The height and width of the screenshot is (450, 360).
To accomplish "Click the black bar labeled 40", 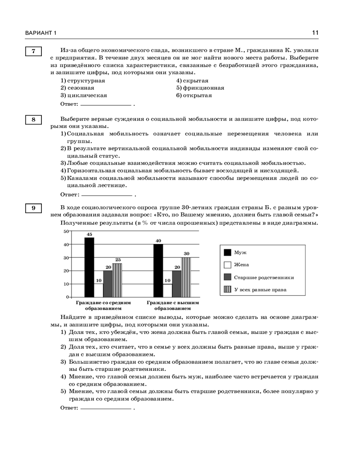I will [158, 270].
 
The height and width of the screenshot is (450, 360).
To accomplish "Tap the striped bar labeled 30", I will [186, 277].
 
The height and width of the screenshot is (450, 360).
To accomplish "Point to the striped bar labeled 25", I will [117, 280].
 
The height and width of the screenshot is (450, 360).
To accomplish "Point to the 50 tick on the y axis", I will [65, 231].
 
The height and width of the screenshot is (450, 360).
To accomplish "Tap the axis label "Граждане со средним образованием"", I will [103, 306].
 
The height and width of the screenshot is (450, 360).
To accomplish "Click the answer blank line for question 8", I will [107, 195].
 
